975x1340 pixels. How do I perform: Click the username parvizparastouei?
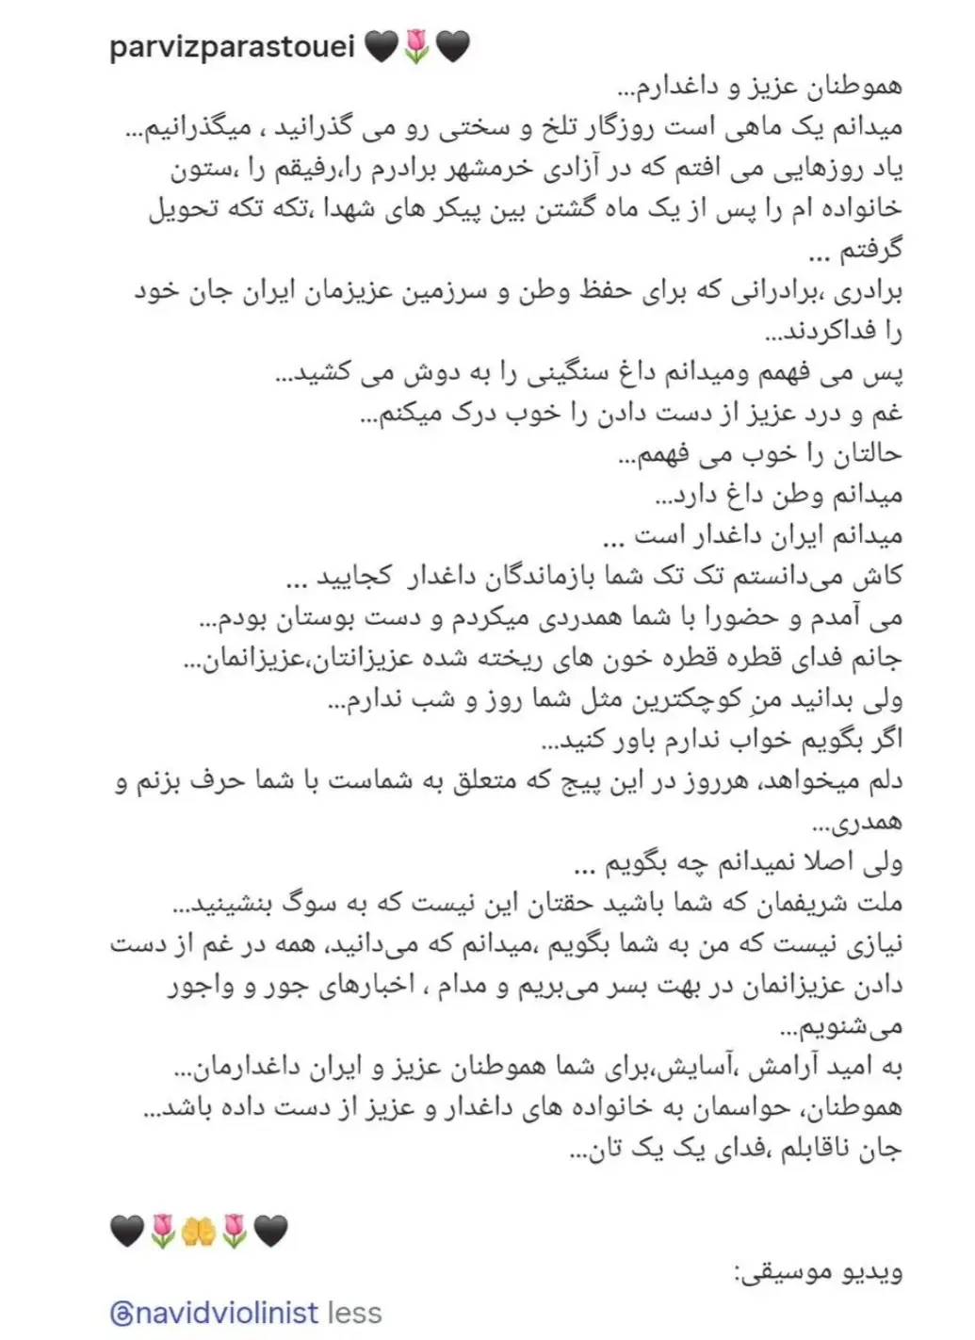tap(231, 44)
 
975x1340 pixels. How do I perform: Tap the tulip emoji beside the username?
tap(414, 45)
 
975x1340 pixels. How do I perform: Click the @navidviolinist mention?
tap(214, 1312)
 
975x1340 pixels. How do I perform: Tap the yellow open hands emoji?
tap(198, 1232)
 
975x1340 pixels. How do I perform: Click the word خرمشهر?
tap(571, 168)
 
